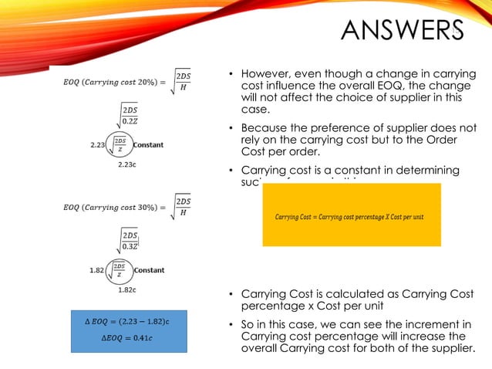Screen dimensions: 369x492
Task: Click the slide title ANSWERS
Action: point(403,32)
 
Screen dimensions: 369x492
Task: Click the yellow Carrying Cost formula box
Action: point(351,215)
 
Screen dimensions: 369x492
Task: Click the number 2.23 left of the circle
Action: point(98,144)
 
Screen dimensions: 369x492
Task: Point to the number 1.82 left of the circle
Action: point(98,270)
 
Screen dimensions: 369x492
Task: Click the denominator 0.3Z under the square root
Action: point(130,246)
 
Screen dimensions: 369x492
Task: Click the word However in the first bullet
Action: point(266,74)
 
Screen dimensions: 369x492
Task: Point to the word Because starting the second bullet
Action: point(267,128)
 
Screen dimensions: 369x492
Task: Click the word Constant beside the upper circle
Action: point(149,144)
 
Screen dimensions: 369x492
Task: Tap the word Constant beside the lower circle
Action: point(149,270)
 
